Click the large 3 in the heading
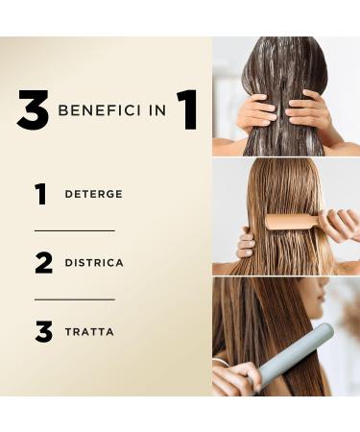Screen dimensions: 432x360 (x=33, y=111)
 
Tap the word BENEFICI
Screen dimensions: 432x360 (x=99, y=111)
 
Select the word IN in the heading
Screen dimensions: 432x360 (x=155, y=111)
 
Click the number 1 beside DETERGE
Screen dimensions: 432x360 (x=40, y=194)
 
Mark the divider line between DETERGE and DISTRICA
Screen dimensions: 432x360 (x=74, y=230)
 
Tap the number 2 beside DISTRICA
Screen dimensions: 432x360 (x=43, y=263)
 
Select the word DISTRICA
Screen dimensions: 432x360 (x=94, y=263)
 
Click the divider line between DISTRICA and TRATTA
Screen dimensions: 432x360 (x=74, y=300)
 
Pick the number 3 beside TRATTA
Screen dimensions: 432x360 (x=43, y=332)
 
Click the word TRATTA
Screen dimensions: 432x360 (x=89, y=332)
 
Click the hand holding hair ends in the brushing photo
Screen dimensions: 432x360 (x=246, y=244)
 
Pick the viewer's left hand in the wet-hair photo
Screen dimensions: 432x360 (x=256, y=111)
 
